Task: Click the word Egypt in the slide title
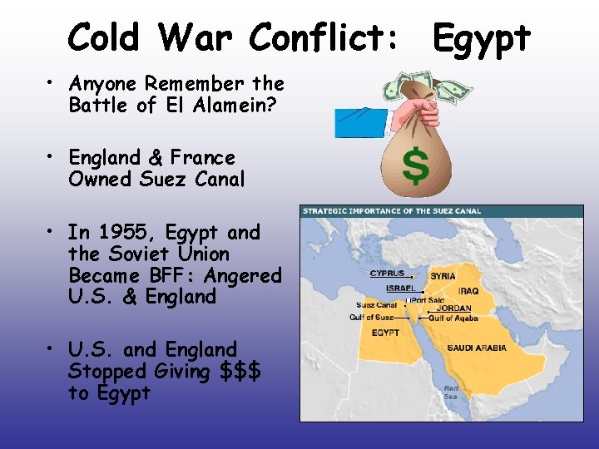tap(482, 37)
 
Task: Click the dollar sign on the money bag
tap(415, 165)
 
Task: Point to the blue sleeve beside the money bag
tap(360, 123)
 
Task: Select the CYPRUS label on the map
tap(387, 274)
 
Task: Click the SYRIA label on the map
tap(442, 276)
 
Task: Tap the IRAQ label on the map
tap(467, 292)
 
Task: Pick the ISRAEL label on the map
tap(400, 289)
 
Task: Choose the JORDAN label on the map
tap(453, 308)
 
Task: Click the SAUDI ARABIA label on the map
tap(476, 348)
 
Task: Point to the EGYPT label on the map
tap(385, 333)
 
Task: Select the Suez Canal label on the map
tap(377, 305)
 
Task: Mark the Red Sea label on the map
tap(450, 392)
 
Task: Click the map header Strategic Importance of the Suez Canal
tap(392, 211)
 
